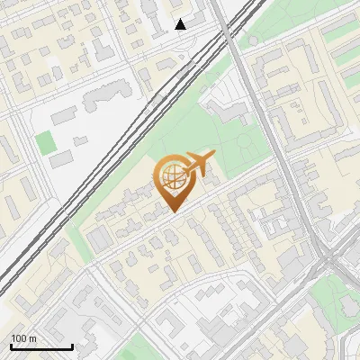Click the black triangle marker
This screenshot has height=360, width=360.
click(181, 24)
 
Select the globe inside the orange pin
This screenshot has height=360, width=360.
click(171, 177)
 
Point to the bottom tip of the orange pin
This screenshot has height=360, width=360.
click(172, 212)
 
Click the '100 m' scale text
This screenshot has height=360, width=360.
click(23, 338)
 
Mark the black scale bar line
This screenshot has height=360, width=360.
click(41, 346)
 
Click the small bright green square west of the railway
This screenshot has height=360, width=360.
click(45, 141)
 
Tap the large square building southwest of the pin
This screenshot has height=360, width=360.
click(99, 237)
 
